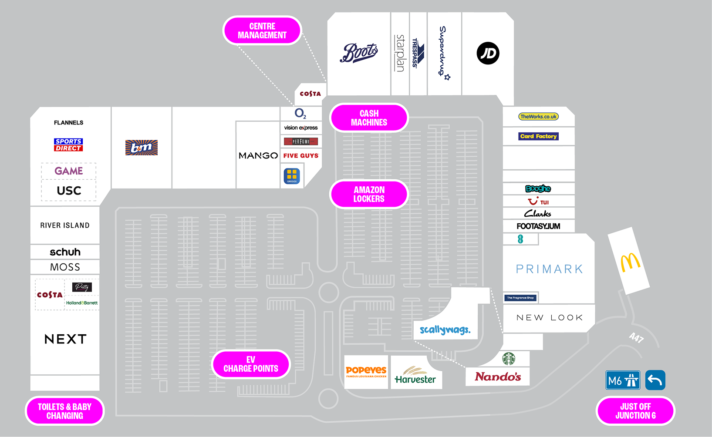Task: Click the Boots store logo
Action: point(358,53)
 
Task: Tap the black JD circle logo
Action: point(488,54)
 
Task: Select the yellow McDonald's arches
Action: point(630,262)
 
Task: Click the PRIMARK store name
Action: point(549,269)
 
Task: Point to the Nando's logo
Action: point(498,376)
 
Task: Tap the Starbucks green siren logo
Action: point(509,359)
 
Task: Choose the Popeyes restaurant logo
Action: point(366,371)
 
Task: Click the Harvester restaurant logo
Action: point(415,376)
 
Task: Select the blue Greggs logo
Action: point(292,176)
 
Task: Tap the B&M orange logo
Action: point(142,148)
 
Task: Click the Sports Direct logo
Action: point(68,145)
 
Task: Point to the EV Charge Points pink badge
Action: point(251,364)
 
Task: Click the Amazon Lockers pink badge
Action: point(369,194)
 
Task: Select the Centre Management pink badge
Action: point(262,30)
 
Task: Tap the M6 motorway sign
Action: point(623,381)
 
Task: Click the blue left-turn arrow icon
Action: point(655,380)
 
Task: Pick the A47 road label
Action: point(636,338)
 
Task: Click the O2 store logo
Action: point(300,114)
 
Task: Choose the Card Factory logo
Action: point(538,136)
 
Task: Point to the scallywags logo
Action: point(445,330)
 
